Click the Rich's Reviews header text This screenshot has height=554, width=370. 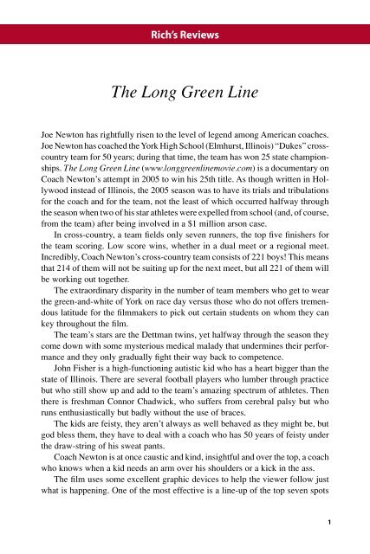185,35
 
